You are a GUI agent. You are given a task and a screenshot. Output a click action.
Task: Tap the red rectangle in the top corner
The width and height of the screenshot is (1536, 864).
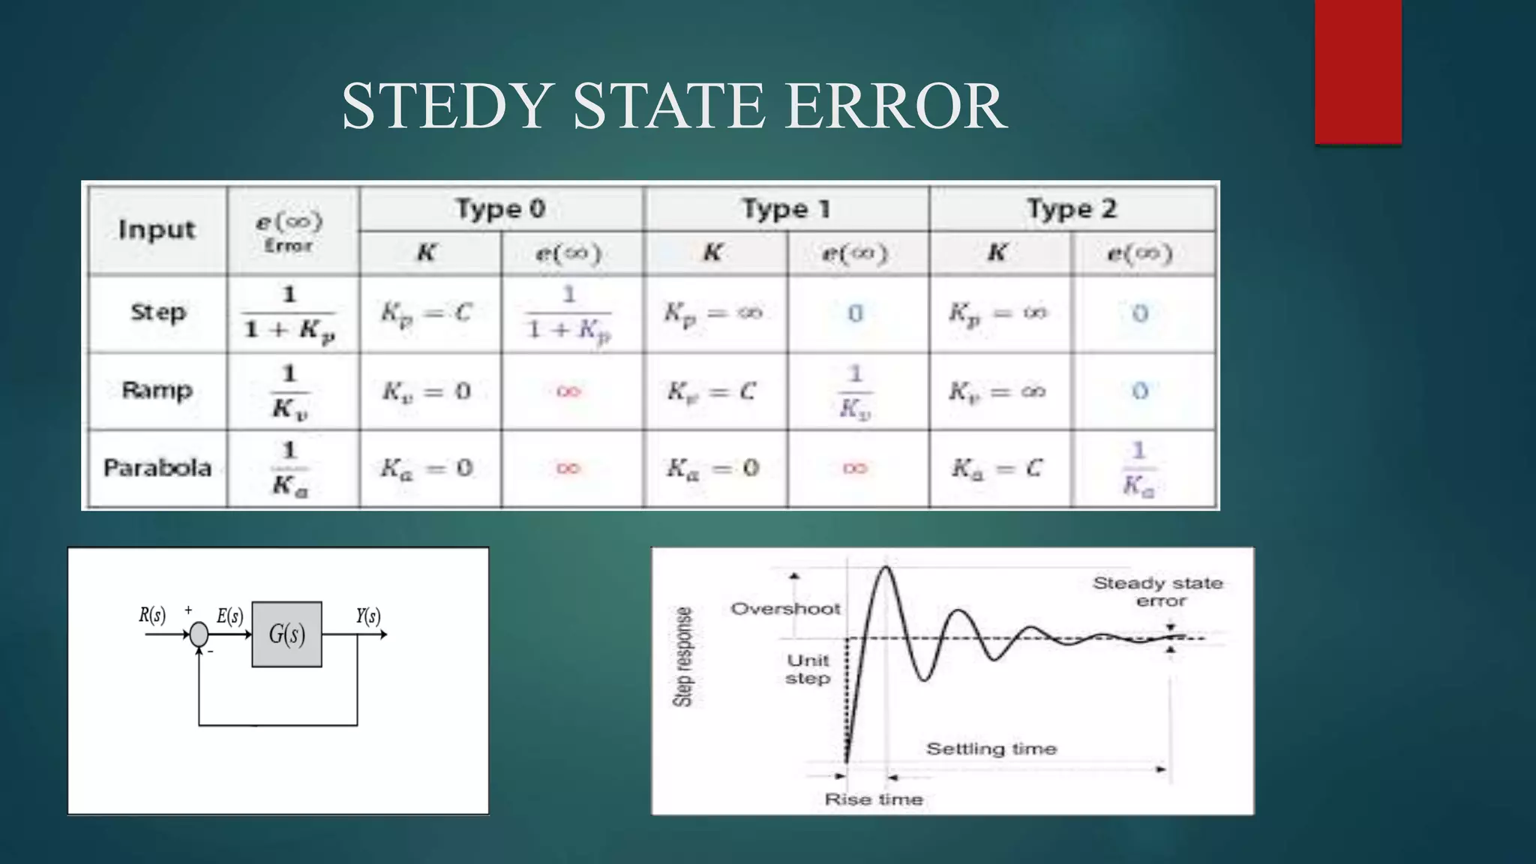coord(1357,72)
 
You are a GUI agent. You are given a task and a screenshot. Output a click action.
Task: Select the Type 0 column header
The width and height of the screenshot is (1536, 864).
coord(500,208)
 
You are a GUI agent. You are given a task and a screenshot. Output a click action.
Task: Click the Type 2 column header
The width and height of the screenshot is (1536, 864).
coord(1071,208)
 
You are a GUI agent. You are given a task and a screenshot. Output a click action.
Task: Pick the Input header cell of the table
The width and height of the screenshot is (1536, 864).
coord(157,229)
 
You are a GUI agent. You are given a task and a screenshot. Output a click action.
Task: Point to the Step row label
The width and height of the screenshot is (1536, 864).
coord(157,312)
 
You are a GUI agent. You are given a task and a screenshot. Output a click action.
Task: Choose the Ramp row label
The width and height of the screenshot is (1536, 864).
coord(157,390)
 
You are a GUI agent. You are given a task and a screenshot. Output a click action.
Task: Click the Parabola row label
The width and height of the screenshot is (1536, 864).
coord(157,468)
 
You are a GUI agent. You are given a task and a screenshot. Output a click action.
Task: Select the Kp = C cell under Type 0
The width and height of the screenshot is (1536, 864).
coord(426,312)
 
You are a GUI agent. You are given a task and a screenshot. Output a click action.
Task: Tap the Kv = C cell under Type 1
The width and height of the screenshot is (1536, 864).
coord(712,391)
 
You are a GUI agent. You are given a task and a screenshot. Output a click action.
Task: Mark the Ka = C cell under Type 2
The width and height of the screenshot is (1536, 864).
coord(997,469)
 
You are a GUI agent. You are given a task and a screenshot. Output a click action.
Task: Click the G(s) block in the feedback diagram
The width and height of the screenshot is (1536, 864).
coord(286,634)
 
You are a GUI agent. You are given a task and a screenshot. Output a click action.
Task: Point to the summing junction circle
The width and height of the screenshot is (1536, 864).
coord(199,634)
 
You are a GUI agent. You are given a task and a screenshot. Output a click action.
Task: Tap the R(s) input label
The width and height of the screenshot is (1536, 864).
coord(152,616)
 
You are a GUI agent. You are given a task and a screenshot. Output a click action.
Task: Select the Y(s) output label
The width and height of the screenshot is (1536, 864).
coord(368,616)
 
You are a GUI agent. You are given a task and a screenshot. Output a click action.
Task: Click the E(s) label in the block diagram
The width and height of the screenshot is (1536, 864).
coord(230,616)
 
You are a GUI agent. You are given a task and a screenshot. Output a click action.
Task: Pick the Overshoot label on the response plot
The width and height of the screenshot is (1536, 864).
coord(785,608)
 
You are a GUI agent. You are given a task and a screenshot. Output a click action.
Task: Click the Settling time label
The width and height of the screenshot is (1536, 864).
coord(991,748)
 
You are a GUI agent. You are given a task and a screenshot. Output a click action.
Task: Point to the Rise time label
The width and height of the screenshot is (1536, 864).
coord(874,799)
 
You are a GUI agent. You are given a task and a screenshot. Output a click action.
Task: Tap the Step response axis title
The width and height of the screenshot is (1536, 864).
coord(682,657)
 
